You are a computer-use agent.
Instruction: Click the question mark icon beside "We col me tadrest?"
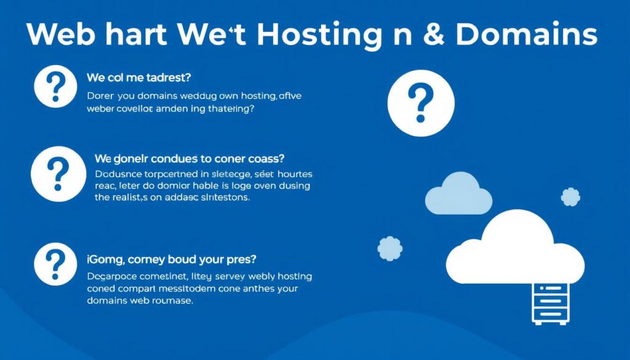55,86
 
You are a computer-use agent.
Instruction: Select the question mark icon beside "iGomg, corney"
55,263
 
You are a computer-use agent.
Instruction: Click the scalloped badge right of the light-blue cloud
570,197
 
